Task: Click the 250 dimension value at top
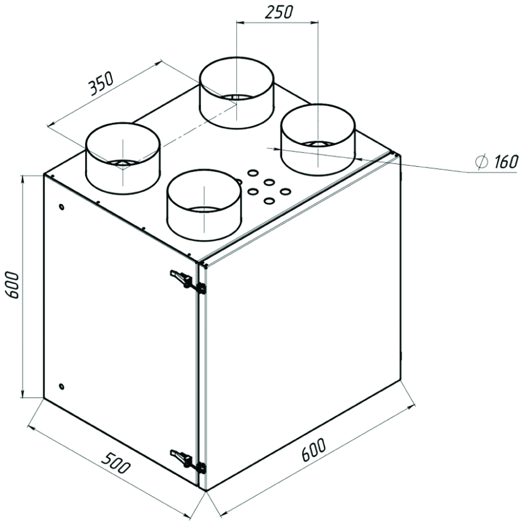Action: [279, 12]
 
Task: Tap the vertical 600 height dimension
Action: [12, 286]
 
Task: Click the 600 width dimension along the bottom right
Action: [313, 450]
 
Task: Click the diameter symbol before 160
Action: [482, 162]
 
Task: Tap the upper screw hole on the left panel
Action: [61, 207]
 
